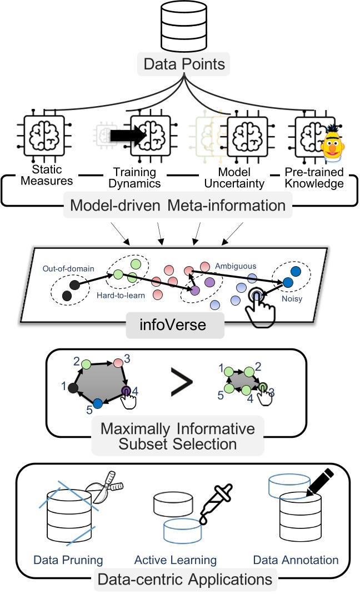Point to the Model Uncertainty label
[229, 177]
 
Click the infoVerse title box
[175, 325]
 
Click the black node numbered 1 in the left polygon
[72, 388]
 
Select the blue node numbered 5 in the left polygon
[98, 403]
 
